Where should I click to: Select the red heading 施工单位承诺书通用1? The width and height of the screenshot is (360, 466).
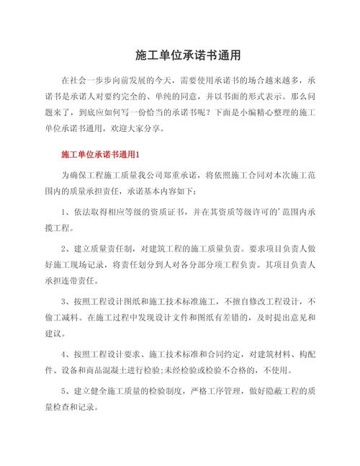[105, 155]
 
